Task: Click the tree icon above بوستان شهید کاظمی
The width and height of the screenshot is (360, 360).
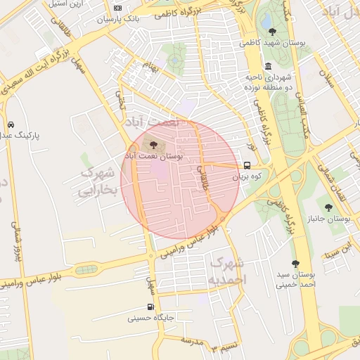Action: [272, 31]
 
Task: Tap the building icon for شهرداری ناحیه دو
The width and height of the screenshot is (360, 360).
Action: [268, 65]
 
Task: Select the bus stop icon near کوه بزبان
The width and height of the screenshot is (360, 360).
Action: [246, 166]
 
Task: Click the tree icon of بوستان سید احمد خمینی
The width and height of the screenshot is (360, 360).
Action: [295, 264]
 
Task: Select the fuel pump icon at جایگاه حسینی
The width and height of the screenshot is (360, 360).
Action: [150, 307]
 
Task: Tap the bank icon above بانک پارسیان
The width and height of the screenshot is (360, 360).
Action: [117, 8]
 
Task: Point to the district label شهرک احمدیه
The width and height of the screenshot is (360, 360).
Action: [226, 271]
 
